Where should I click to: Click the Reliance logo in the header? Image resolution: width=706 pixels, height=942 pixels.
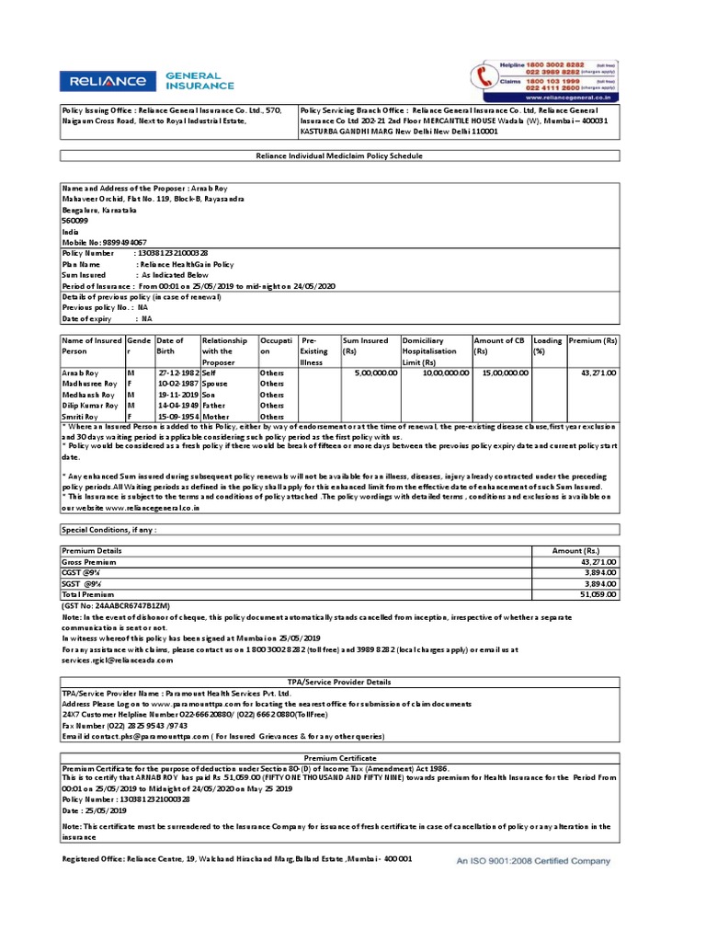pos(103,81)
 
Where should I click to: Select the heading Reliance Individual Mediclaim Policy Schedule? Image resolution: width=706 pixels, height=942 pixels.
pos(339,156)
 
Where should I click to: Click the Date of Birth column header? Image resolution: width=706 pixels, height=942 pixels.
pos(170,346)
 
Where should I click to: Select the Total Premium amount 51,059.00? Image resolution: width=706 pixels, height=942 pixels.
pos(598,594)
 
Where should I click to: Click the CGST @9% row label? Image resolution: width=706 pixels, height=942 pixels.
pos(81,571)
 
